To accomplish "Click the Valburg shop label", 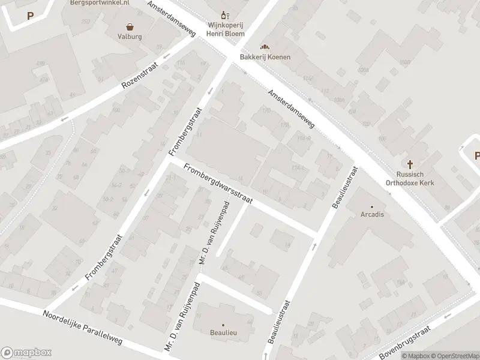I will tap(129, 37).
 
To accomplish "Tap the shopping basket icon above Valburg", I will tap(130, 26).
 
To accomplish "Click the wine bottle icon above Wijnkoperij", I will tap(225, 15).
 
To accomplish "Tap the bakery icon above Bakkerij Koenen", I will tap(265, 47).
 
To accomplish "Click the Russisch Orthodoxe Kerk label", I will tap(411, 179).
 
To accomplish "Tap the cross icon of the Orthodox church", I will tap(411, 164).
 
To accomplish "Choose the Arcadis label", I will tap(372, 214).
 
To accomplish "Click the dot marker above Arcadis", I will tap(372, 206).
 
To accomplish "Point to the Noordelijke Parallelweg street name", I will tap(82, 328).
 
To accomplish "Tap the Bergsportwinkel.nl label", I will tap(99, 3).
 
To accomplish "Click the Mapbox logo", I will tap(26, 353).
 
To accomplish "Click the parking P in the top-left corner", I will tap(30, 16).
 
